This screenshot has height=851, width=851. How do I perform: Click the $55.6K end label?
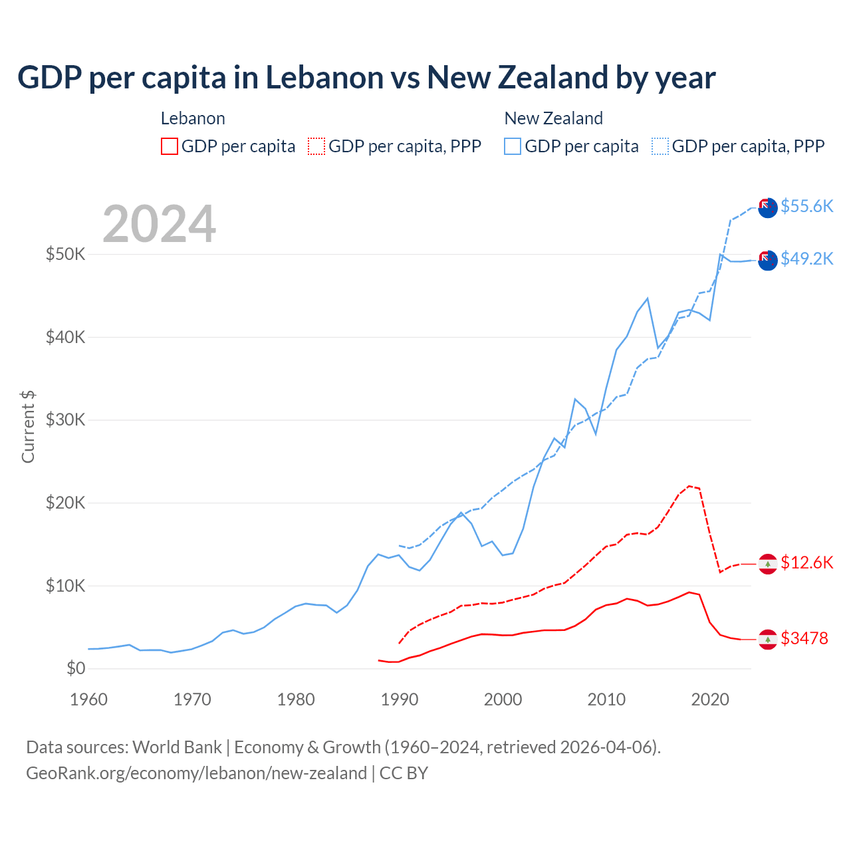pyautogui.click(x=806, y=206)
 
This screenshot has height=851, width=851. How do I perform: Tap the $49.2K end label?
pyautogui.click(x=806, y=259)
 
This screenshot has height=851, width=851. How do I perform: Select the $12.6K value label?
pyautogui.click(x=806, y=562)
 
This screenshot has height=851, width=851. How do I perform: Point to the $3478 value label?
pyautogui.click(x=804, y=638)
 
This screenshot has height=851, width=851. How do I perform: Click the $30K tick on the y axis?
pyautogui.click(x=65, y=420)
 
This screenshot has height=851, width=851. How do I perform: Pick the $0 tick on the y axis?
pyautogui.click(x=76, y=668)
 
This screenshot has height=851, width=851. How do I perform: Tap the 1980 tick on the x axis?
pyautogui.click(x=296, y=699)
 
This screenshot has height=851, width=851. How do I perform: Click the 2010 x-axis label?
pyautogui.click(x=606, y=699)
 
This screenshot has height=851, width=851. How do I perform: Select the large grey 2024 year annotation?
pyautogui.click(x=159, y=223)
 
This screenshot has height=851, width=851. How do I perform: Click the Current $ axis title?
pyautogui.click(x=28, y=427)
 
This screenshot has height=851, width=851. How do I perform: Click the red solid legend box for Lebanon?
pyautogui.click(x=170, y=146)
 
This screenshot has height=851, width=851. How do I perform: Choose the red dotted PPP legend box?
pyautogui.click(x=316, y=146)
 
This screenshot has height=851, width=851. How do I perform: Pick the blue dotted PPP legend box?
pyautogui.click(x=660, y=146)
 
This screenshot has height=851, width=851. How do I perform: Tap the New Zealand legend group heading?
pyautogui.click(x=553, y=118)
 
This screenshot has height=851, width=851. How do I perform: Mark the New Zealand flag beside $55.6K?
pyautogui.click(x=768, y=207)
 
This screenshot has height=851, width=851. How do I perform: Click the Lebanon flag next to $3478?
pyautogui.click(x=768, y=639)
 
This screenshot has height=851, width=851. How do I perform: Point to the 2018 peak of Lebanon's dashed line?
pyautogui.click(x=689, y=486)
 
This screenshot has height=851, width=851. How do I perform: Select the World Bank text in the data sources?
pyautogui.click(x=177, y=747)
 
